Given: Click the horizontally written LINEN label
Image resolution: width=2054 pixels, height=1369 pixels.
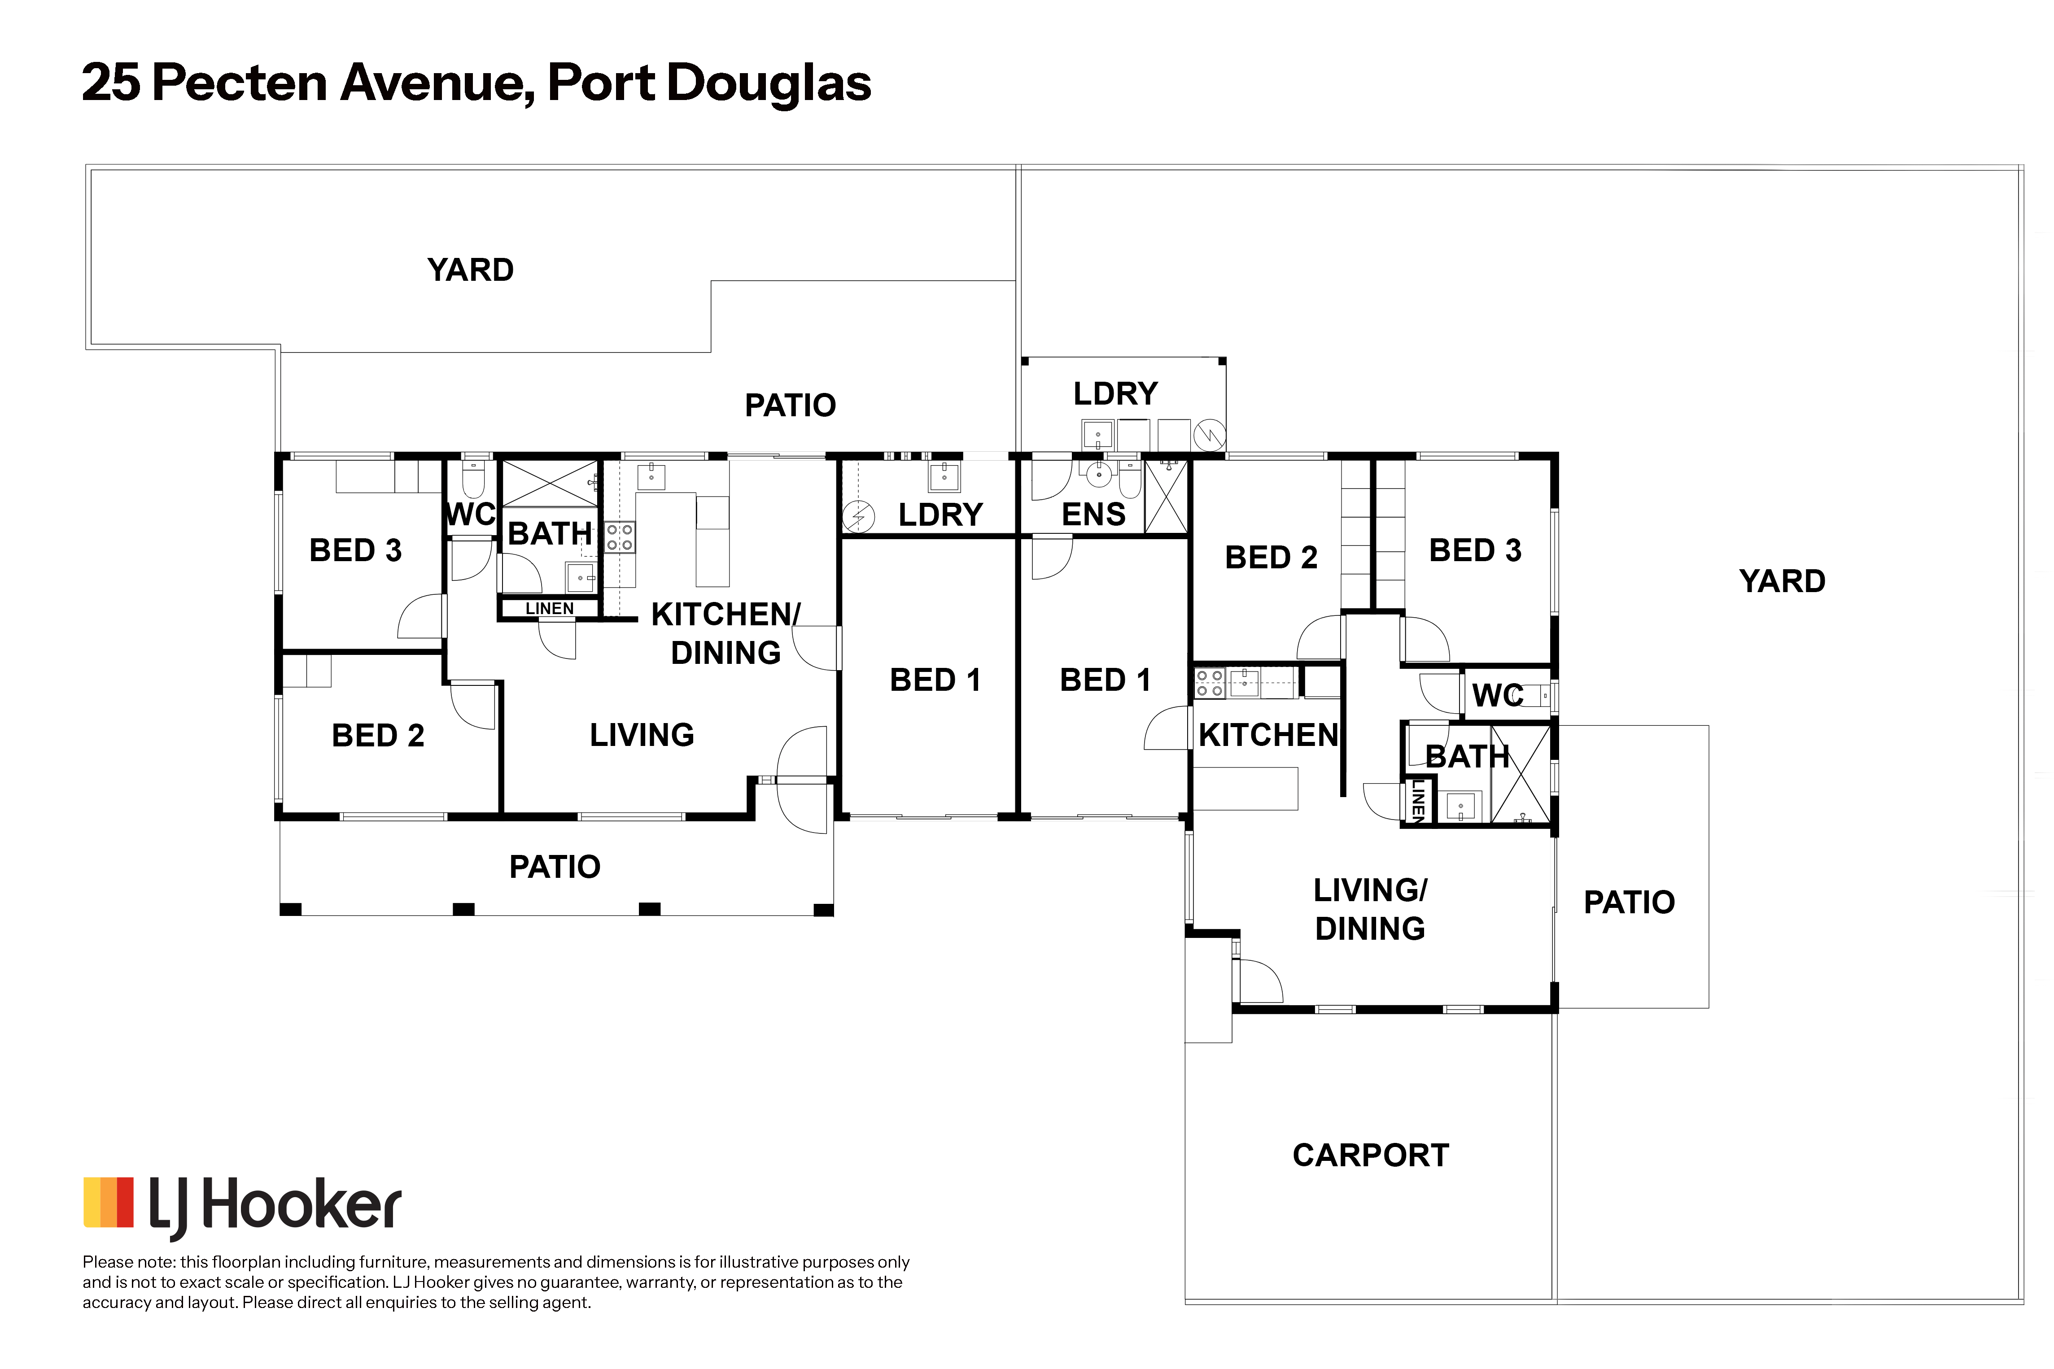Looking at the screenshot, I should coord(549,609).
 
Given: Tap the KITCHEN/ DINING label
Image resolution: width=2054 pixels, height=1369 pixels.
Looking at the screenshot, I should coord(725,633).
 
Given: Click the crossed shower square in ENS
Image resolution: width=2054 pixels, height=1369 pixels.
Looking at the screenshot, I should coord(1166,496).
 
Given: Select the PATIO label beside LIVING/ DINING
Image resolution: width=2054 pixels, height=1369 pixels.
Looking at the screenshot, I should coord(1629,902).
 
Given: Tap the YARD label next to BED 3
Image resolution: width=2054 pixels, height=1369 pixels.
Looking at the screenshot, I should coord(1782,580).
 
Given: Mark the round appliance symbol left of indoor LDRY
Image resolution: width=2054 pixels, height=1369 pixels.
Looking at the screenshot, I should coord(858,517).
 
